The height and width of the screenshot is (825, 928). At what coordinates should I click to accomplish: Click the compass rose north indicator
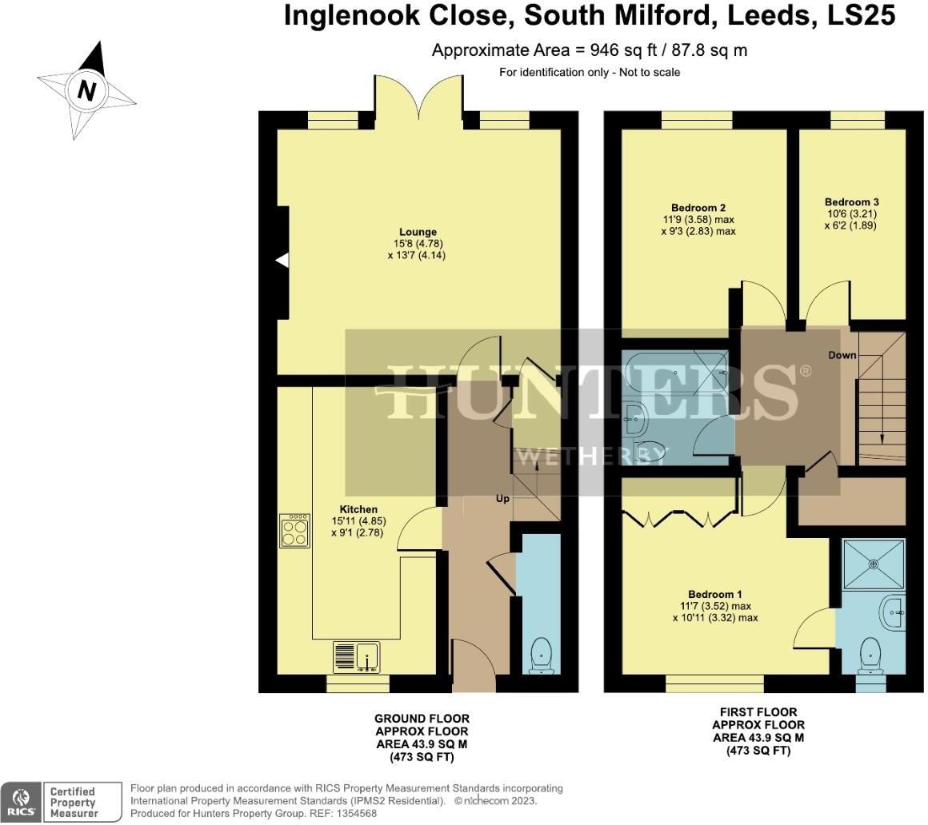(86, 89)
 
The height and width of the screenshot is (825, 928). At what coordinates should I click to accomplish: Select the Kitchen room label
(358, 509)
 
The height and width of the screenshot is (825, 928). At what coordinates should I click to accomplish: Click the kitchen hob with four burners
(295, 531)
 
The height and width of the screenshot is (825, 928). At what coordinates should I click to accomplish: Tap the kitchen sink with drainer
(356, 657)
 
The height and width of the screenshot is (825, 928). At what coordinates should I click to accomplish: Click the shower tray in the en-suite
(874, 564)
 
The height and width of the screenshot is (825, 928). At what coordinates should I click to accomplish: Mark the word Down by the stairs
(842, 355)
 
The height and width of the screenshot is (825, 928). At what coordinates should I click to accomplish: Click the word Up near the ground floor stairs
(503, 499)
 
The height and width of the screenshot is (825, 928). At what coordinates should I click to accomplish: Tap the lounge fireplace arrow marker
(282, 261)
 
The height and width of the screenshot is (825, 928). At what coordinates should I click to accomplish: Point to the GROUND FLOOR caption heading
(422, 719)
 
